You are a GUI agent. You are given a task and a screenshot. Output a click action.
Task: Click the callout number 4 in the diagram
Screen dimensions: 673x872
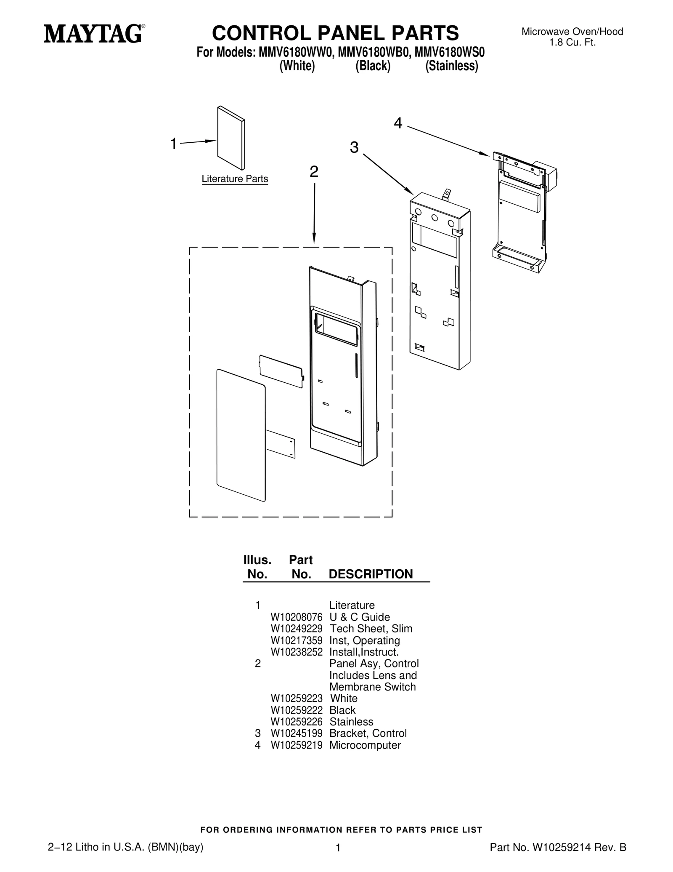coord(398,123)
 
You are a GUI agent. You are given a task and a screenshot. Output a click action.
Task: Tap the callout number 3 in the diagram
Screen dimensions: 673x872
coord(354,148)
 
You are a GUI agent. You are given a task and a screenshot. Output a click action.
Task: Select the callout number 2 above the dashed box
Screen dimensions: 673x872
coord(314,172)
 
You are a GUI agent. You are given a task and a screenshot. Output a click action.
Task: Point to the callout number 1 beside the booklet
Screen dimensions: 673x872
coord(173,144)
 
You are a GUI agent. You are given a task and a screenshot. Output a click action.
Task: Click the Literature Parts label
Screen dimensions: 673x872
coord(235,179)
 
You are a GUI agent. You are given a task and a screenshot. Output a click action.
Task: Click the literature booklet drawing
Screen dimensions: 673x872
coord(231,138)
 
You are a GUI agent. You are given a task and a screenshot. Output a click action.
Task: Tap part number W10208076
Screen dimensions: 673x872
coord(297,617)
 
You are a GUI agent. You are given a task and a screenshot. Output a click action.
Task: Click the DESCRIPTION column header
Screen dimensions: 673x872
coord(371,574)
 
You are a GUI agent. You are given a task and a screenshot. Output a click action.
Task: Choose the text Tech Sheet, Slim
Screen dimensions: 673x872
coord(371,629)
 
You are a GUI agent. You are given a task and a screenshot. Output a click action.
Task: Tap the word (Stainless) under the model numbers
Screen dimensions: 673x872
coord(452,66)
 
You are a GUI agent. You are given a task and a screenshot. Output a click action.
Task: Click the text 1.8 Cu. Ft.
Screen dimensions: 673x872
coord(572,43)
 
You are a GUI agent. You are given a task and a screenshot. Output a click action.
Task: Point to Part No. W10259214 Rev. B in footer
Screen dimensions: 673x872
coord(558,848)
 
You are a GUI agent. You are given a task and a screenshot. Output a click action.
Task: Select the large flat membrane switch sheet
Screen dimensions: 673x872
coord(241,435)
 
